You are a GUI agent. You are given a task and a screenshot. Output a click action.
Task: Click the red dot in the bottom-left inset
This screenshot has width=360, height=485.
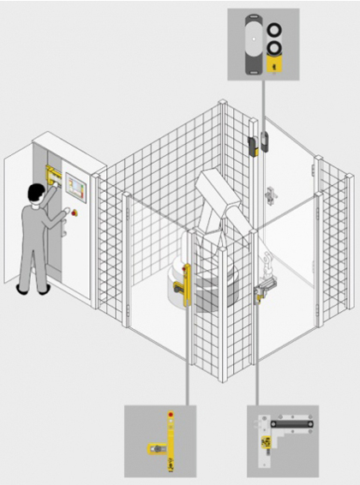(x=169, y=416)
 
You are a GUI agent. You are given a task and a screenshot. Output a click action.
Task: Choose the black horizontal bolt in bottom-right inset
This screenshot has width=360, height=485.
(x=291, y=423)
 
